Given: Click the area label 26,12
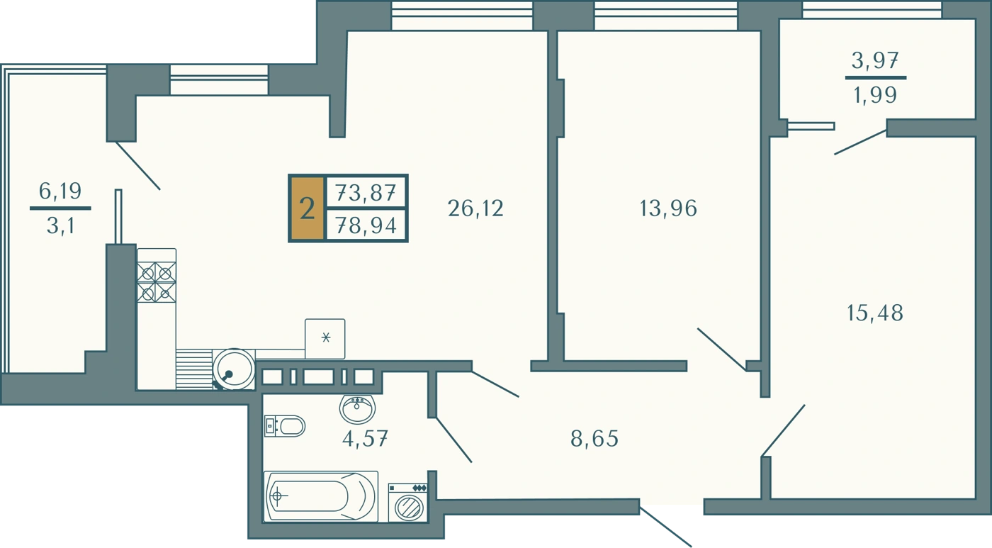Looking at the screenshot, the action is [x=475, y=208].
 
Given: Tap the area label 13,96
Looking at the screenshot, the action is [x=668, y=208].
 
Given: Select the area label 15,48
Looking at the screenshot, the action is [x=874, y=313].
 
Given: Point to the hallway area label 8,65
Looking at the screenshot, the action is [x=594, y=439].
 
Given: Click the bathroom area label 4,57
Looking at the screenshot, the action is [x=366, y=439].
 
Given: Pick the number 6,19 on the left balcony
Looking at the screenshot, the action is [x=60, y=191].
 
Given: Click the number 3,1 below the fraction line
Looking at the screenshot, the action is [x=60, y=226].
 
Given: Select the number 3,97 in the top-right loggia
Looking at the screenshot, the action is [x=875, y=61].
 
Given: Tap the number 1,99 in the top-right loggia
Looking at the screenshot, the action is [x=875, y=95].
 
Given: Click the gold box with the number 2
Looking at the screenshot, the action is [x=308, y=208].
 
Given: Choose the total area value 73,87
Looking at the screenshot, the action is [x=366, y=193].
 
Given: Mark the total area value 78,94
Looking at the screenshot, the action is [x=366, y=226].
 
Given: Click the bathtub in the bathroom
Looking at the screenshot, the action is [x=321, y=496].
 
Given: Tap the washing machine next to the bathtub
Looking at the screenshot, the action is [x=408, y=503].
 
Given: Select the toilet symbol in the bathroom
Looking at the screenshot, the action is [x=285, y=426].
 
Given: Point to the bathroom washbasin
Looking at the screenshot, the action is [x=357, y=408].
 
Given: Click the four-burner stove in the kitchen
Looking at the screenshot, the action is [x=157, y=282].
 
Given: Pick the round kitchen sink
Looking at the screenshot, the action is [x=234, y=369].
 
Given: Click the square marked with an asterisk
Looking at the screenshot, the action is [x=325, y=339].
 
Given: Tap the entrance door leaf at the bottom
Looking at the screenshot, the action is [x=665, y=527].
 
